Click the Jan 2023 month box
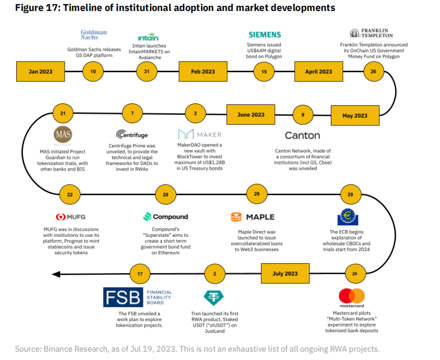[40, 72]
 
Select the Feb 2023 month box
[203, 72]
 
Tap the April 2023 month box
[319, 72]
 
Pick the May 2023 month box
[355, 116]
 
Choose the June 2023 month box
[251, 115]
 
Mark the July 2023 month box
[285, 274]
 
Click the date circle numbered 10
[93, 72]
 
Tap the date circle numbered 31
[147, 72]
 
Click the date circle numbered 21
[63, 114]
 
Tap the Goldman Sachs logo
[94, 35]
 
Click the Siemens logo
[264, 35]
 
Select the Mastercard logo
[352, 296]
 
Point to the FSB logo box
[123, 297]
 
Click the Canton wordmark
[302, 135]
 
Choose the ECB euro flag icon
[348, 217]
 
